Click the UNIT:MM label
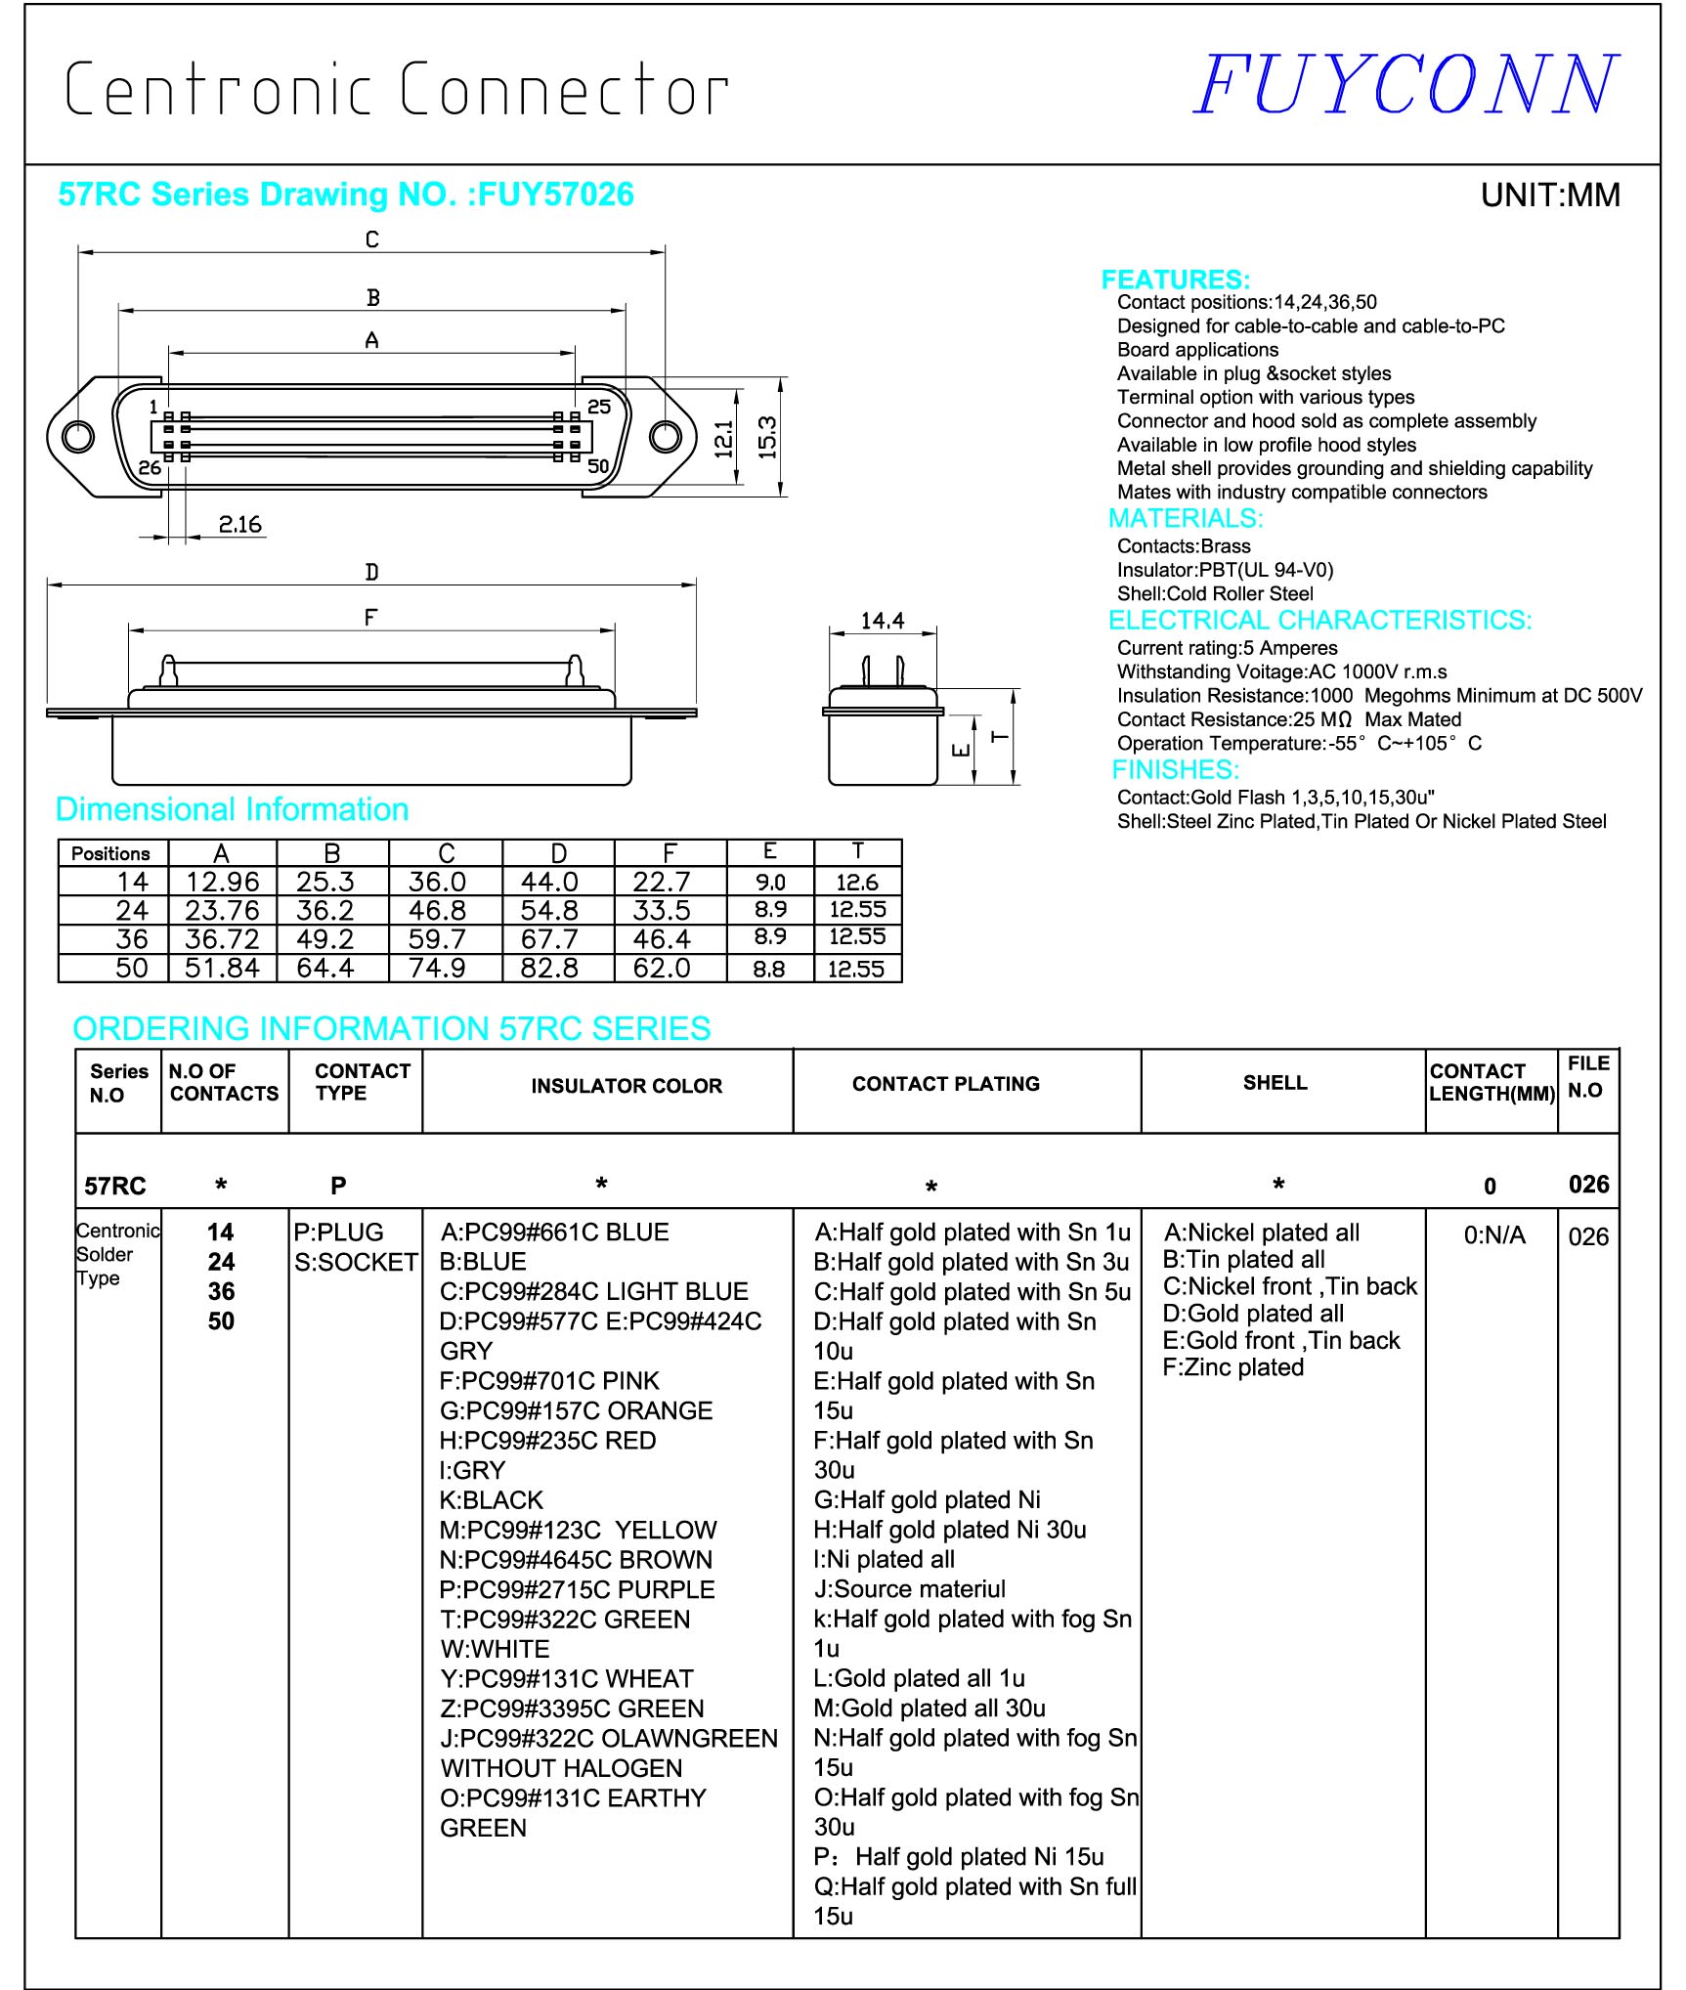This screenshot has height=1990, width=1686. click(x=1550, y=195)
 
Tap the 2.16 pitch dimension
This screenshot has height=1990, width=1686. click(x=239, y=525)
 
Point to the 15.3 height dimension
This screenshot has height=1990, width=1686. click(x=767, y=437)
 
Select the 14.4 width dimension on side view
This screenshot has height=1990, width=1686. click(x=882, y=621)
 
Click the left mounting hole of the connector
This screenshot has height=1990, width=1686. click(x=78, y=436)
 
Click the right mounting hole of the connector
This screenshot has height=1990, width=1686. click(x=666, y=436)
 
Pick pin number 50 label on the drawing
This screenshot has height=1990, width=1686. click(x=598, y=467)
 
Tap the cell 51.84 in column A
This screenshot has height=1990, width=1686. click(x=222, y=968)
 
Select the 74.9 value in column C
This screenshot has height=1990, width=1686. click(x=437, y=968)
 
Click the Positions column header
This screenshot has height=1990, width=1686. click(x=110, y=853)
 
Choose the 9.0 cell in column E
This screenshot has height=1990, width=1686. click(x=770, y=882)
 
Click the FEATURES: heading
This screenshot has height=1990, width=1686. click(x=1175, y=280)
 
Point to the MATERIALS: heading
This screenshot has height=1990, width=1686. click(x=1185, y=518)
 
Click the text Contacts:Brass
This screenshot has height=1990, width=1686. click(x=1184, y=546)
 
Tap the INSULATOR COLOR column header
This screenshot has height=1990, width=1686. click(x=627, y=1086)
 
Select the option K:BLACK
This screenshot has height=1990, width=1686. click(x=491, y=1499)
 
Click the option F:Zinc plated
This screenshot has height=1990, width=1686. click(x=1232, y=1366)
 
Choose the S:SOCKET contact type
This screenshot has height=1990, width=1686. click(x=356, y=1262)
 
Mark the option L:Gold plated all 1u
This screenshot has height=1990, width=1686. click(x=920, y=1678)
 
